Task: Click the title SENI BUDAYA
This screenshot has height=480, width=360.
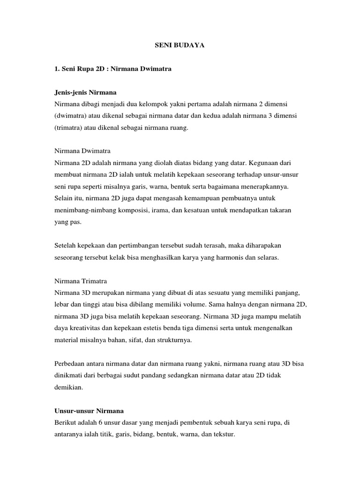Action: pos(180,46)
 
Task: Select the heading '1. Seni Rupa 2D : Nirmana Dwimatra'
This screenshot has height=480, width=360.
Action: pos(113,69)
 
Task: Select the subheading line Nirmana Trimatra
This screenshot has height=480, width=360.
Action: pos(81,281)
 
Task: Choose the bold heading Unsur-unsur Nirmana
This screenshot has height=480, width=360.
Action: pos(89,411)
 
